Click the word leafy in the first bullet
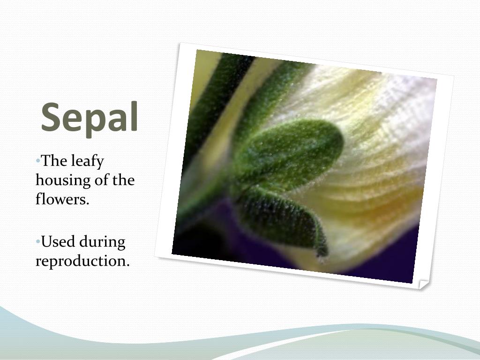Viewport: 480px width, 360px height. pos(87,162)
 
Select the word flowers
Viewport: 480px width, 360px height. pos(62,199)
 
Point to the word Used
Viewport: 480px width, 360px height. pos(59,242)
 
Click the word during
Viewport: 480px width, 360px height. pos(102,242)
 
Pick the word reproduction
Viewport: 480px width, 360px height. pos(82,261)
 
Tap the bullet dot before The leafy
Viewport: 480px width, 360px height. pos(37,161)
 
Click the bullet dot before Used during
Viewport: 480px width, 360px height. pos(37,242)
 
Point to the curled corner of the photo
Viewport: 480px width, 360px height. pos(423,284)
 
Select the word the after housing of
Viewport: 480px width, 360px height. pos(123,180)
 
